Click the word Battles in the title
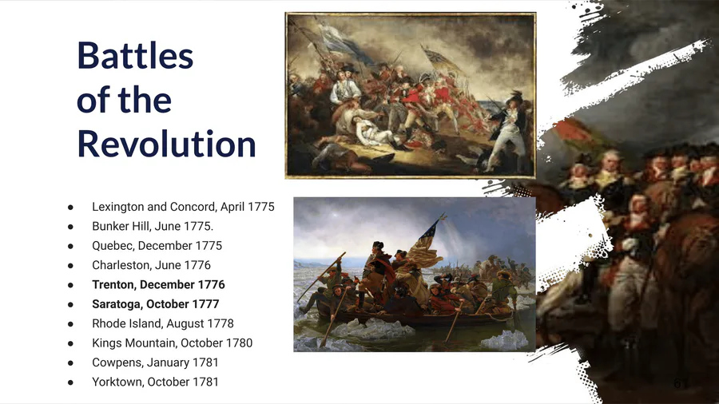135,55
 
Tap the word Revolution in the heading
166,144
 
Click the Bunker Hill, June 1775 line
153,226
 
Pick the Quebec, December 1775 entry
157,246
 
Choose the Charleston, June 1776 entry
151,265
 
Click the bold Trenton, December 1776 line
158,284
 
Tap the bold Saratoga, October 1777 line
156,304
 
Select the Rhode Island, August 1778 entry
163,323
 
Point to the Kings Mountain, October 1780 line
172,343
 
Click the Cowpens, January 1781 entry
155,362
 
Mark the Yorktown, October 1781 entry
155,382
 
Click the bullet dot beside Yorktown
70,382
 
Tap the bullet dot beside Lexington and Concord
70,207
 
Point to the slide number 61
681,383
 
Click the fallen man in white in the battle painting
372,132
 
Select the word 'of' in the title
93,100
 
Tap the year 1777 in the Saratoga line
206,304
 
